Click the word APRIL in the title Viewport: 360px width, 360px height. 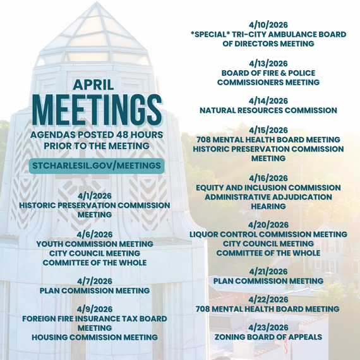point(95,85)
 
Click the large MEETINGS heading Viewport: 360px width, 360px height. point(95,111)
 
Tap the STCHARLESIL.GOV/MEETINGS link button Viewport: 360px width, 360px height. point(96,165)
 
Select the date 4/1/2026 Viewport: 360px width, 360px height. point(95,196)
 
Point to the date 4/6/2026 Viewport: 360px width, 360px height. point(95,234)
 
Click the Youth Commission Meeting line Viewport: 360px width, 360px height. point(95,244)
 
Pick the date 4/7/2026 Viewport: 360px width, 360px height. point(95,281)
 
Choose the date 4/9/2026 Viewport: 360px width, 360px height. point(95,309)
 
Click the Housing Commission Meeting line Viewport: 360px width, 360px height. point(95,337)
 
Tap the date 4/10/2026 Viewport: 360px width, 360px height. point(268,25)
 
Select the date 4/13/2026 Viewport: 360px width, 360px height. point(268,63)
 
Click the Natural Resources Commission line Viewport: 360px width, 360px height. point(268,110)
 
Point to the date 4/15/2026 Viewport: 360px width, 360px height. point(268,130)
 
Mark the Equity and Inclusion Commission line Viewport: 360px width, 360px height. point(268,188)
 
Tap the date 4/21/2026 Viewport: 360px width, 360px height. point(268,272)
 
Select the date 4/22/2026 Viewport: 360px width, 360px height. point(268,299)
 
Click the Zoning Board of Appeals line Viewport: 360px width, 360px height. point(268,337)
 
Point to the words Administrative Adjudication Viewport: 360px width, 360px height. point(268,197)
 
